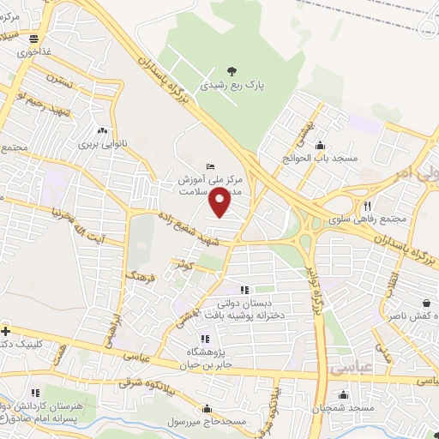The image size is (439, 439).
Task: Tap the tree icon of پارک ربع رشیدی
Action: (231, 71)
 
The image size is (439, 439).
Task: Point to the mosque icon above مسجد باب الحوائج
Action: (321, 144)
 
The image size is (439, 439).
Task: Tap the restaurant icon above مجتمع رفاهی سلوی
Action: (368, 206)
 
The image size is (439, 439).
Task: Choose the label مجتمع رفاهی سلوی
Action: (371, 220)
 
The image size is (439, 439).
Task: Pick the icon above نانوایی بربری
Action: (103, 130)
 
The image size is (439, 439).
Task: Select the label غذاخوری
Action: (34, 52)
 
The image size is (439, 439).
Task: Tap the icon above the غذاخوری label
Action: (33, 39)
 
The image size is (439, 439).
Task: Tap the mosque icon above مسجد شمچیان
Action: (344, 395)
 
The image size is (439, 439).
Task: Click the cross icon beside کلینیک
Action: (6, 331)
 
